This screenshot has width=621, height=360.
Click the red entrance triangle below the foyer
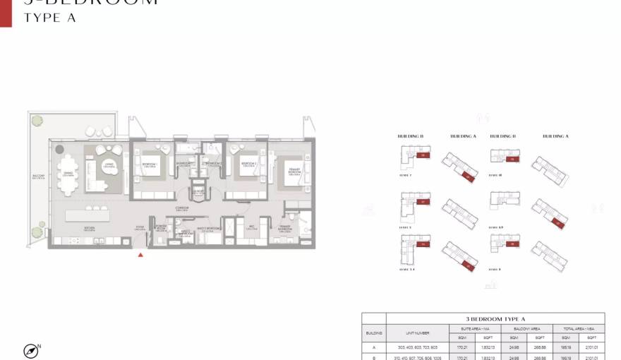(141, 255)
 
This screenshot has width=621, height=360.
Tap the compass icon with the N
(31, 350)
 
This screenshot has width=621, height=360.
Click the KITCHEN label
(90, 228)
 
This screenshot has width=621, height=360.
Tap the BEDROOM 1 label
(149, 164)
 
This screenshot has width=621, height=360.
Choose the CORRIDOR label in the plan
(181, 208)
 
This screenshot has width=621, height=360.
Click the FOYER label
(141, 227)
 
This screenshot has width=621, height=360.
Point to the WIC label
(251, 227)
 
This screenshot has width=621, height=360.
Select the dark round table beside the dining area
(59, 150)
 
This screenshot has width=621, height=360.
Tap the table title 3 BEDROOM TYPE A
(495, 319)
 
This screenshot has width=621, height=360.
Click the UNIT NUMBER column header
(417, 332)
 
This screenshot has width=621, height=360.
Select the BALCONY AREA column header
(526, 328)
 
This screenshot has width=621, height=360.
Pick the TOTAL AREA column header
(578, 328)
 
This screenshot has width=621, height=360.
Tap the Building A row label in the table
(374, 347)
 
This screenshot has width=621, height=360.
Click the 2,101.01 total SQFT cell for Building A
(591, 347)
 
